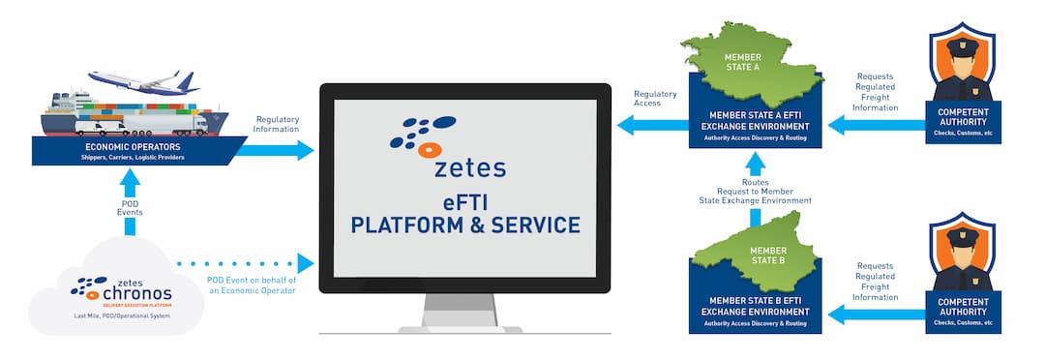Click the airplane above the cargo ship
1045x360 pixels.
144,81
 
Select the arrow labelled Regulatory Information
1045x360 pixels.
280,150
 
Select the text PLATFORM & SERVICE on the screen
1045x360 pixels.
465,225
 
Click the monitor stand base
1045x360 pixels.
465,328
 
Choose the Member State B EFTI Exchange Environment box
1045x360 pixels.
754,311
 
